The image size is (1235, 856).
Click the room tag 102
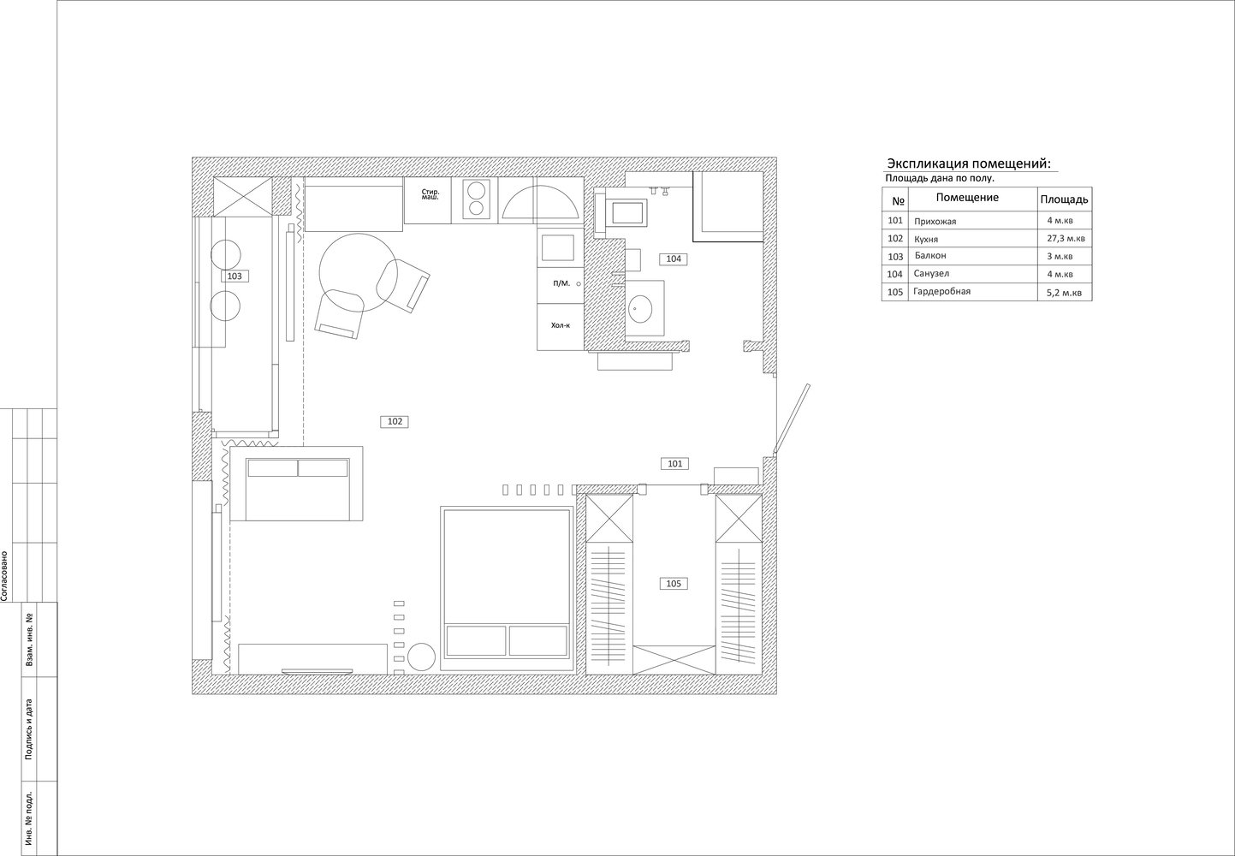(x=395, y=421)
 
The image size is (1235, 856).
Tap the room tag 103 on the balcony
(x=235, y=276)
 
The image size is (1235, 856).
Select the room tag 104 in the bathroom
(x=674, y=259)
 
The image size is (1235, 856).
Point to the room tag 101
(x=674, y=464)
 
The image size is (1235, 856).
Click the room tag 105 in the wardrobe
(x=674, y=584)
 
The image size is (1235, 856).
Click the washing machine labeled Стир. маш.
(x=428, y=200)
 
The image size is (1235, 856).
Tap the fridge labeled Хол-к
(x=561, y=326)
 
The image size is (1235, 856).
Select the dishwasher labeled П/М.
(x=561, y=285)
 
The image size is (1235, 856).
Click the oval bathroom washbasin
(x=640, y=308)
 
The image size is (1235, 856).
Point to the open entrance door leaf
(x=792, y=419)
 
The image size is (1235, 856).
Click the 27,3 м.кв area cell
(x=1066, y=238)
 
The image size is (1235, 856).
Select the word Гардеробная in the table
(x=941, y=291)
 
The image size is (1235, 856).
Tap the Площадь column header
(x=1064, y=199)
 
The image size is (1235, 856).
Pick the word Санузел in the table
(x=931, y=273)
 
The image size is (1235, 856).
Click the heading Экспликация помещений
(x=969, y=163)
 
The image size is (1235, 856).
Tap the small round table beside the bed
(x=421, y=657)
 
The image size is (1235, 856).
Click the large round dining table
(x=359, y=272)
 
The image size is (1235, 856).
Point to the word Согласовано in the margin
(x=4, y=575)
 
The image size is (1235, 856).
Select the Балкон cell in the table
(x=930, y=255)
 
